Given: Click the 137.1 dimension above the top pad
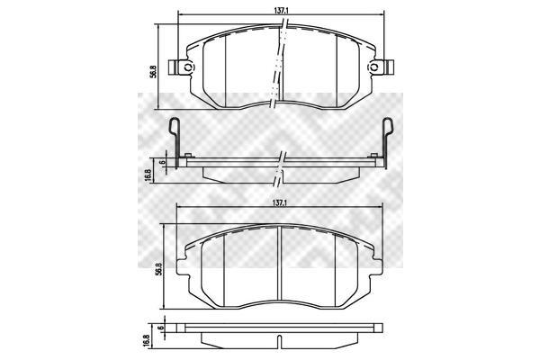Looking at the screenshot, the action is [281, 10].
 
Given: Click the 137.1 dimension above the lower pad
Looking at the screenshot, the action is [280, 203].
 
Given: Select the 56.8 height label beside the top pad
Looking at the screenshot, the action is [153, 72].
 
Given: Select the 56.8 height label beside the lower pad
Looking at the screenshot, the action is [158, 268].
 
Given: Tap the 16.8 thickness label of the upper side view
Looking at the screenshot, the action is [148, 175].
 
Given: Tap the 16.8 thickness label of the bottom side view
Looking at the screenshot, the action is [146, 341].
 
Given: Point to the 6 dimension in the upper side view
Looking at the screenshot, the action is [163, 162].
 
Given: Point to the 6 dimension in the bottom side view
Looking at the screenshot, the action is [160, 328].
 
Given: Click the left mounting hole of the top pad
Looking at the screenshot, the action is [188, 67].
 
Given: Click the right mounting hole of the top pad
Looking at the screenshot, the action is [373, 67].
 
